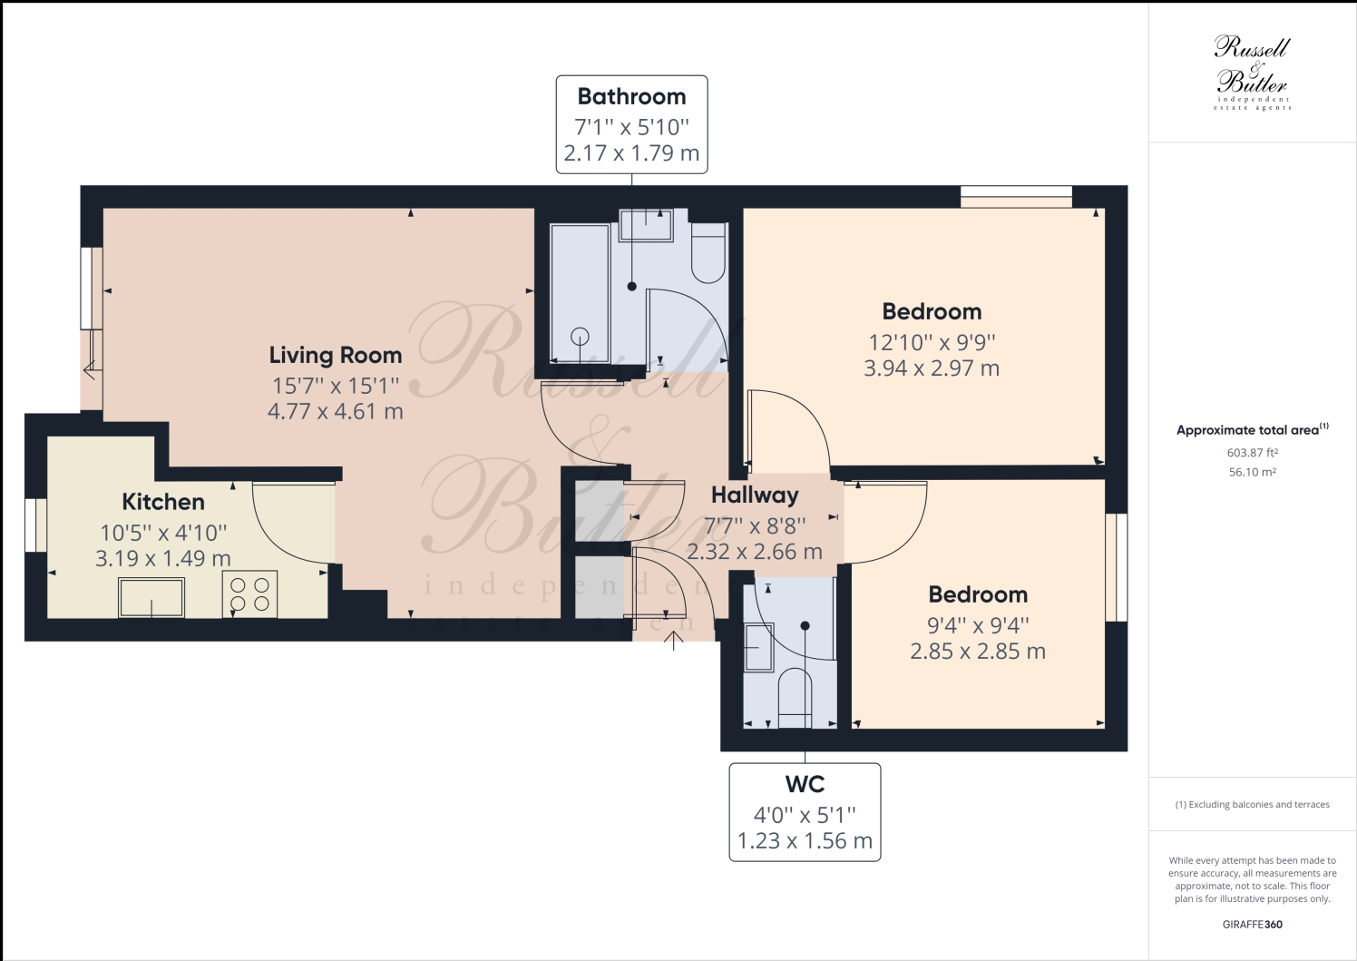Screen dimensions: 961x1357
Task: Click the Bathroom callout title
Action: pyautogui.click(x=631, y=97)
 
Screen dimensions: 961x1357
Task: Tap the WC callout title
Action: pyautogui.click(x=805, y=784)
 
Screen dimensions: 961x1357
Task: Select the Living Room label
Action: pyautogui.click(x=335, y=356)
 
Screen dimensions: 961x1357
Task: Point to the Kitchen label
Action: pyautogui.click(x=163, y=502)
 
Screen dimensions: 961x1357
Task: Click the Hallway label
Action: pyautogui.click(x=755, y=495)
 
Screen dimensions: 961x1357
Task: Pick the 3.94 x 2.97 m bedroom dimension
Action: pyautogui.click(x=932, y=368)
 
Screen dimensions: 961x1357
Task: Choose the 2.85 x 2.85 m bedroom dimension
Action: pyautogui.click(x=978, y=652)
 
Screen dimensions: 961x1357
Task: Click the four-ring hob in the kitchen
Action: pyautogui.click(x=249, y=595)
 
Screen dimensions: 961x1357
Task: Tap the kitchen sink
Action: pyautogui.click(x=151, y=597)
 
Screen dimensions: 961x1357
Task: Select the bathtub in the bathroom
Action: pyautogui.click(x=580, y=293)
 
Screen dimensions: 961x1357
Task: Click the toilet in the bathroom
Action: pyautogui.click(x=708, y=253)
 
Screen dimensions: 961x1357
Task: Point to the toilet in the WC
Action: pyautogui.click(x=795, y=697)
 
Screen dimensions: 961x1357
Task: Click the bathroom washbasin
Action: pyautogui.click(x=646, y=225)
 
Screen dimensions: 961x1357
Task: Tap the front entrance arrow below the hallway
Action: pyautogui.click(x=673, y=642)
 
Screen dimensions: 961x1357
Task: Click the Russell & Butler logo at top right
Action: pyautogui.click(x=1252, y=73)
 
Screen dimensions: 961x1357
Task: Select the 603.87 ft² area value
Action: pyautogui.click(x=1252, y=453)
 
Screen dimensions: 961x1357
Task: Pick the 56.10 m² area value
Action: pyautogui.click(x=1252, y=473)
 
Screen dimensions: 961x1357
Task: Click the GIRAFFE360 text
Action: pyautogui.click(x=1252, y=925)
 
